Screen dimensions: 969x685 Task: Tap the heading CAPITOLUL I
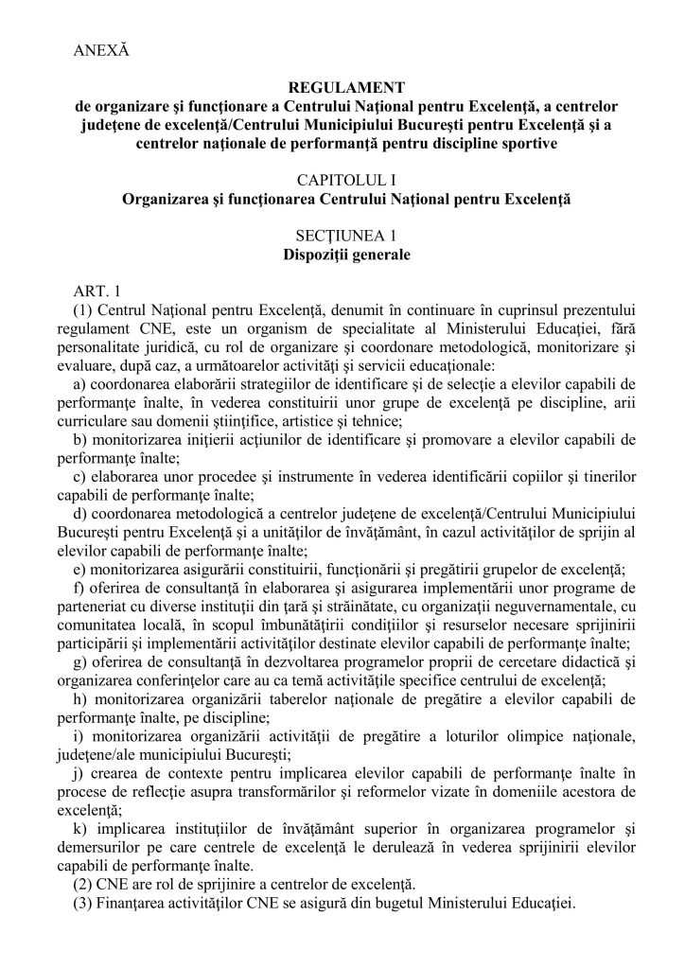tap(342, 181)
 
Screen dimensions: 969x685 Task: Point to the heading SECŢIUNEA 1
tap(342, 237)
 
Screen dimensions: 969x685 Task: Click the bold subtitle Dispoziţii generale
tap(342, 255)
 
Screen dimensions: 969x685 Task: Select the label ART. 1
tap(92, 291)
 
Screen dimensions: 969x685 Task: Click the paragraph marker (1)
tap(82, 309)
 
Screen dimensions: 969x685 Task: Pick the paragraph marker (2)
tap(82, 885)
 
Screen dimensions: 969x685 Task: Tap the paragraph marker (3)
tap(82, 904)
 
